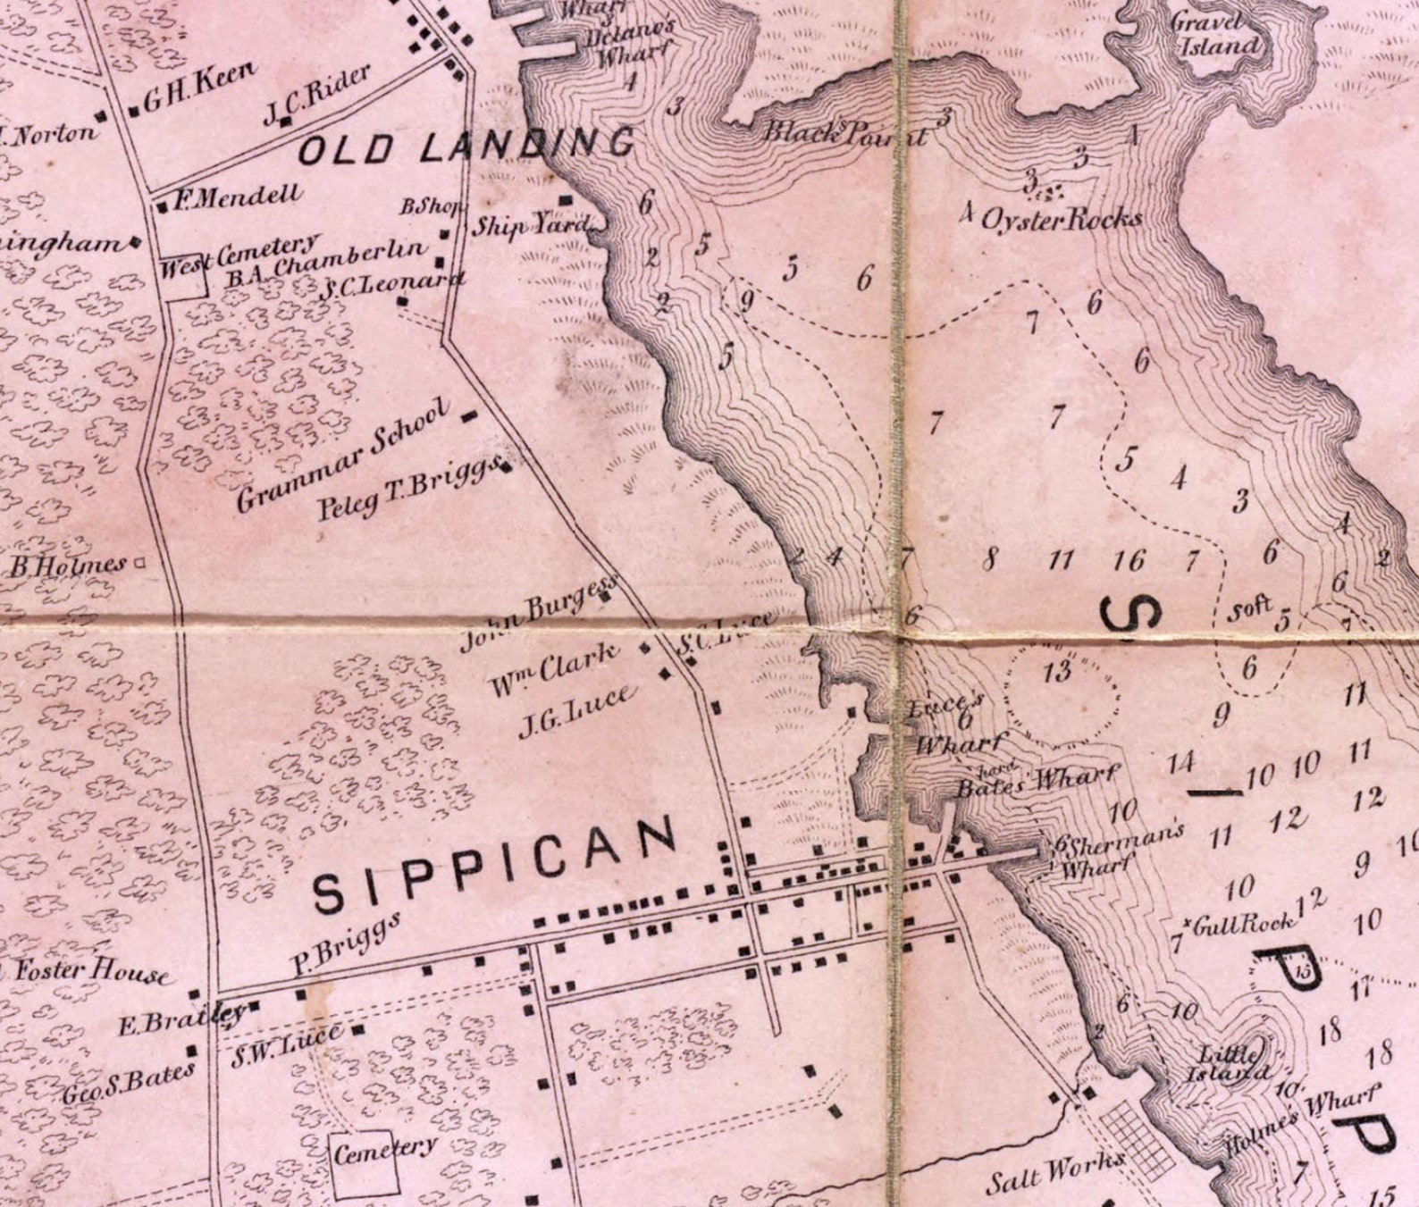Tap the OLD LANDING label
tap(466, 146)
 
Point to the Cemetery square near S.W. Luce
tap(366, 1166)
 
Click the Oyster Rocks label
tap(1061, 219)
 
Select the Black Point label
tap(844, 133)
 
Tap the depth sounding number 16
tap(1129, 561)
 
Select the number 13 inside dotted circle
tap(1057, 671)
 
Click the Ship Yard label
tap(532, 224)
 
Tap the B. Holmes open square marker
tap(139, 563)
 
